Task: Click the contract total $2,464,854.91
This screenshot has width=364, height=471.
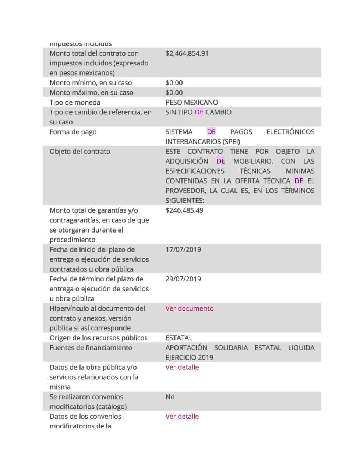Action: coord(187,53)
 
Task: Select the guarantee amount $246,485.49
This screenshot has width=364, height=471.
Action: coord(184,210)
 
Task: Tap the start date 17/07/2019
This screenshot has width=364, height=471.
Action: coord(183,249)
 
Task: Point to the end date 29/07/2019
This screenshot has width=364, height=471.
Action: coord(183,279)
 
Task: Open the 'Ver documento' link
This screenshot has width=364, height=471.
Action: coord(189,308)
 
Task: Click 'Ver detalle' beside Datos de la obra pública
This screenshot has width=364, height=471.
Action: coord(182,367)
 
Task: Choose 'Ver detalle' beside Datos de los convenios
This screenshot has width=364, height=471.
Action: coord(182,416)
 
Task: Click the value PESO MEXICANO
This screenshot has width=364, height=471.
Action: coord(191,102)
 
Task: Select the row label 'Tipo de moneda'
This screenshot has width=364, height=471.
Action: coord(75,102)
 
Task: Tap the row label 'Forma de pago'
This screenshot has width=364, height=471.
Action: coord(73,132)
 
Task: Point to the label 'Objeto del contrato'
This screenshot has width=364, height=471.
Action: coord(79,151)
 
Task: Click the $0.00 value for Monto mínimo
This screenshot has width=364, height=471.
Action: coord(174,83)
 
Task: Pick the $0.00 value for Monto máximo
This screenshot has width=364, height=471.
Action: coord(174,93)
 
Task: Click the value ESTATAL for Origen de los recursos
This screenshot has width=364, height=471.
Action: coord(179,338)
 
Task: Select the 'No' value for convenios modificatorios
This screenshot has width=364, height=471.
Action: coord(170,397)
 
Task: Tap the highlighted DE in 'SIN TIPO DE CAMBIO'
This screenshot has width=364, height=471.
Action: coord(199,112)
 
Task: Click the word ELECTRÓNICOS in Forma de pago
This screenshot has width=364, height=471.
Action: coord(290,132)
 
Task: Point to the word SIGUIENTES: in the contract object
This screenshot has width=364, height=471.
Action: coord(185,201)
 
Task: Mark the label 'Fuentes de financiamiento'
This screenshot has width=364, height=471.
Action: coord(91,348)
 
